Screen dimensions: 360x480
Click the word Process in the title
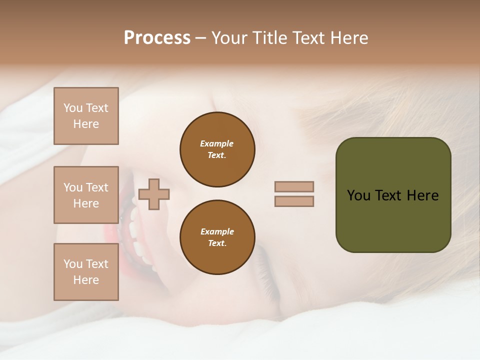click(157, 38)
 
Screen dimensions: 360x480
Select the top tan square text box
click(86, 116)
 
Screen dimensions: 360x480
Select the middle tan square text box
click(86, 195)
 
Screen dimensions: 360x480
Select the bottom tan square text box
click(86, 272)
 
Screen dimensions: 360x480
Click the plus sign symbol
click(154, 194)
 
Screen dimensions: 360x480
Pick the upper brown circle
click(217, 149)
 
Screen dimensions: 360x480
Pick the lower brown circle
click(217, 237)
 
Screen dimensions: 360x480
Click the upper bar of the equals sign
click(294, 186)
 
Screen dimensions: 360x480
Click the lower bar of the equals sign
click(294, 201)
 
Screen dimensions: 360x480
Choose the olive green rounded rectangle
click(393, 220)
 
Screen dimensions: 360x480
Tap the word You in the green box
click(359, 195)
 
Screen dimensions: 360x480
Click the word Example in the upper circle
click(217, 143)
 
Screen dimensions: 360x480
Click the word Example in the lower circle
click(217, 231)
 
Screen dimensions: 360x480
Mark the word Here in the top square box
click(86, 124)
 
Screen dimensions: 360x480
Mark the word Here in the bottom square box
click(86, 280)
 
